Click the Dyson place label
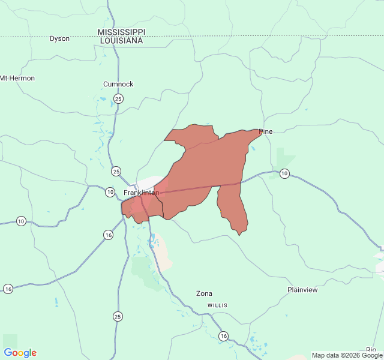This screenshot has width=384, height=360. [59, 38]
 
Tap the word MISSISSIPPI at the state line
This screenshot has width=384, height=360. [121, 32]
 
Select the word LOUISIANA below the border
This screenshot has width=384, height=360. [121, 40]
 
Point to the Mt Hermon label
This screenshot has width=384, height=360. [17, 78]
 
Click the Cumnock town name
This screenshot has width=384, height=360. [118, 84]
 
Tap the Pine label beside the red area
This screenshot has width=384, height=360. [266, 131]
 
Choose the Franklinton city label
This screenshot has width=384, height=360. [141, 193]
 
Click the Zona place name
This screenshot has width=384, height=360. [204, 293]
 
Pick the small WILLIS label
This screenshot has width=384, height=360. [218, 305]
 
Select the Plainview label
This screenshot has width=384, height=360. [302, 290]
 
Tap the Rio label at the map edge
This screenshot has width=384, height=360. [371, 350]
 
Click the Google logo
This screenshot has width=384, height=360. [20, 353]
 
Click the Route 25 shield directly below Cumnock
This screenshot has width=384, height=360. [119, 98]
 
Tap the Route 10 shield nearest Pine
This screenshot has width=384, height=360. [284, 173]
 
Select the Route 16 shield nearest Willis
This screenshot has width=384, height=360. [223, 335]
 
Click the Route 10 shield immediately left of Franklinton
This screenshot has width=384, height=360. [109, 192]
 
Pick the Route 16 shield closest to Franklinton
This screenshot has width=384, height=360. [108, 235]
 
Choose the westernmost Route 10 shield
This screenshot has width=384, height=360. [21, 221]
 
